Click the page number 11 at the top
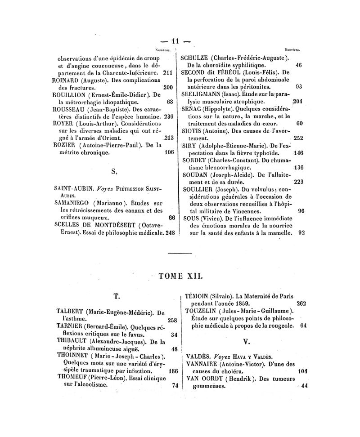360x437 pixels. [x=179, y=41]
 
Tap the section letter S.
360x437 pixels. [x=113, y=171]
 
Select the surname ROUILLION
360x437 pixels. [x=71, y=95]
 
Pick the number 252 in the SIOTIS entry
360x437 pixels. [x=298, y=138]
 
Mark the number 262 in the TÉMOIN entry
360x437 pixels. [x=301, y=303]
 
